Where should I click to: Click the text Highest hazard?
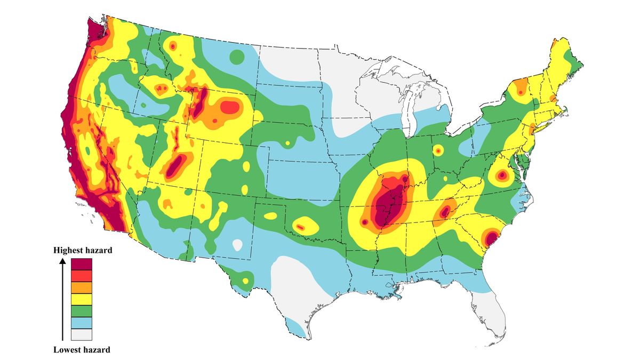tap(83, 250)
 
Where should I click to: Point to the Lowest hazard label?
tap(82, 350)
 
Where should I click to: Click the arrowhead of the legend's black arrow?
tap(62, 262)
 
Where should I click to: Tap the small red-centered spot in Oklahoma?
tap(300, 227)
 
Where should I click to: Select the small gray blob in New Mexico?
tap(237, 245)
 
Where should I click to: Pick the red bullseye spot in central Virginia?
tap(501, 175)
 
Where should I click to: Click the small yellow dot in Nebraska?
tap(287, 143)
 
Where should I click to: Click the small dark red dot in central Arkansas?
tap(365, 221)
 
